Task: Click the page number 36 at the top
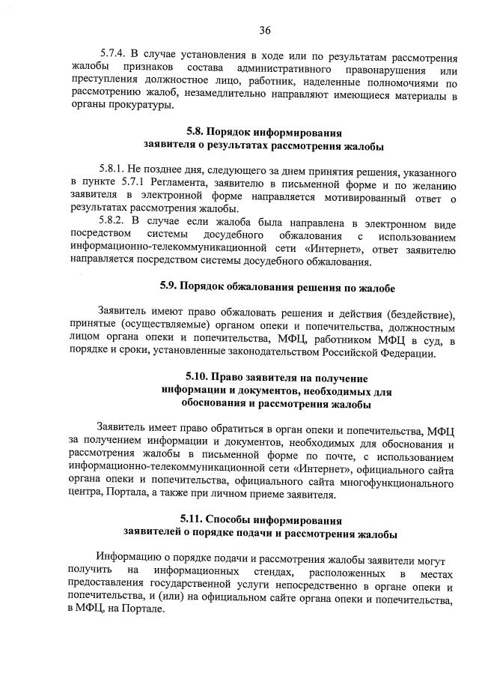(x=264, y=31)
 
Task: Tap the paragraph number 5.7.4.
(x=115, y=54)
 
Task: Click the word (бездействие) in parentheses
(x=415, y=311)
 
